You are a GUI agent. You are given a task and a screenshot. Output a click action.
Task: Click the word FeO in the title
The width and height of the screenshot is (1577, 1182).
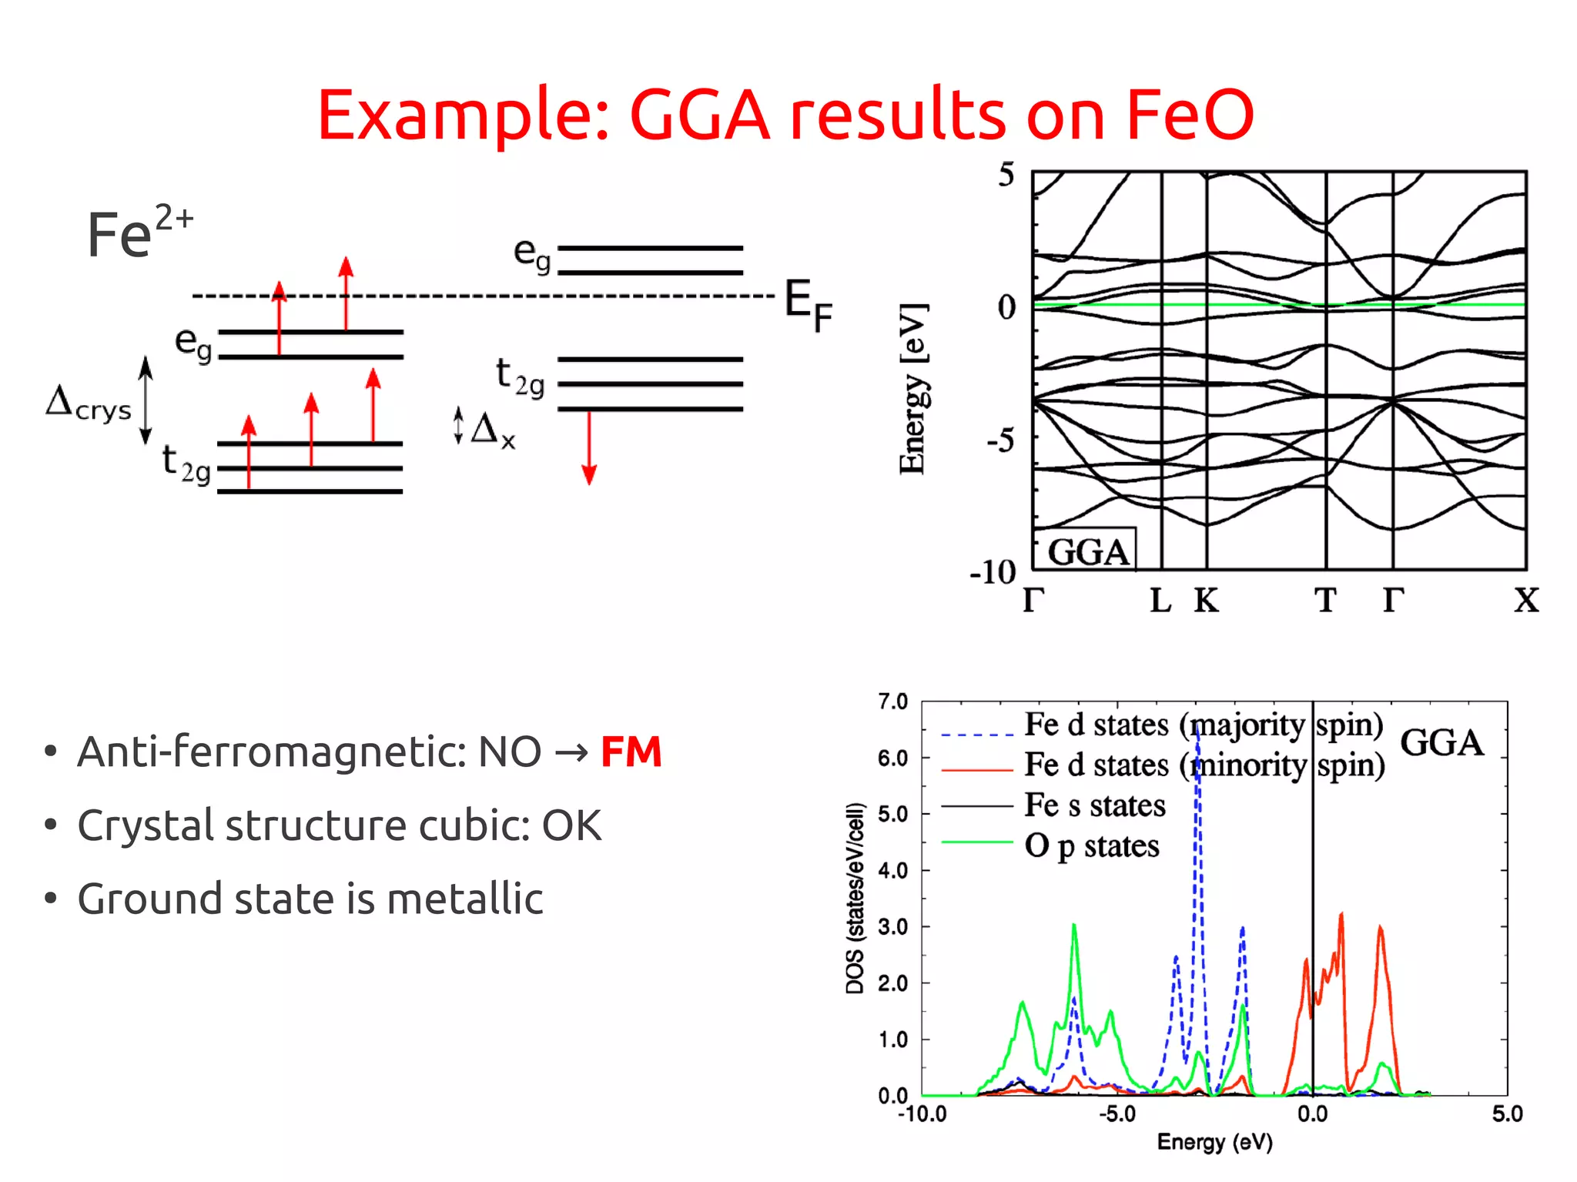[x=1189, y=116]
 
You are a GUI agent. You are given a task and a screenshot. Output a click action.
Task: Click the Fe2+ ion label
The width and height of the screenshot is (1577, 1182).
[x=139, y=231]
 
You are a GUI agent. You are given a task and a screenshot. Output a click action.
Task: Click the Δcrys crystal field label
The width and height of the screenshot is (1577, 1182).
[x=89, y=405]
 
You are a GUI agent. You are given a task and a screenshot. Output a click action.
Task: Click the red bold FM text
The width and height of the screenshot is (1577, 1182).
[x=631, y=752]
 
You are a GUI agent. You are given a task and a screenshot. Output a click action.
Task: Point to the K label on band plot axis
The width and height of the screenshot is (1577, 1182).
[x=1206, y=601]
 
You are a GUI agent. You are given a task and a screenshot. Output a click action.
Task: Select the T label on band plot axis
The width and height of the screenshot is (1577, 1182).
[x=1325, y=601]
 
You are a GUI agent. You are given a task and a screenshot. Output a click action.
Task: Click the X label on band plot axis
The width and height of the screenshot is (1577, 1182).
[x=1525, y=601]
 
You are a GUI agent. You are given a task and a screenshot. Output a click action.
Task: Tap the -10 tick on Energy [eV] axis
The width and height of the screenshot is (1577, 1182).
[x=993, y=572]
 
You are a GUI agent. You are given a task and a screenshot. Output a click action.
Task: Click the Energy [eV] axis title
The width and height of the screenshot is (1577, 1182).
[x=913, y=389]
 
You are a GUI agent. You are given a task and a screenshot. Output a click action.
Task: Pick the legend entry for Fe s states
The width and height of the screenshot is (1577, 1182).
[x=1094, y=805]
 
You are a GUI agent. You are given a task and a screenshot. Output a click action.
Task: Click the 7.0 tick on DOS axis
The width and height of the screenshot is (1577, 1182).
[x=892, y=701]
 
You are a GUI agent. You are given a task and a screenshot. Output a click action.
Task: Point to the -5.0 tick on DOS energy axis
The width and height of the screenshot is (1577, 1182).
[x=1117, y=1113]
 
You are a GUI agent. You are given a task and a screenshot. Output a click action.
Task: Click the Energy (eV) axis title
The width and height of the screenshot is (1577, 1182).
[x=1214, y=1142]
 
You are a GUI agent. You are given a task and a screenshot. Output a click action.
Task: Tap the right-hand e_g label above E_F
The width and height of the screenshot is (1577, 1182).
[x=532, y=254]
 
